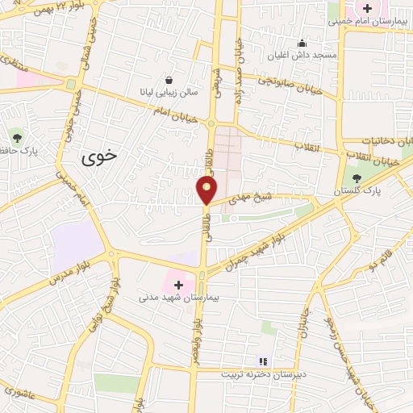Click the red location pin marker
tap(207, 190)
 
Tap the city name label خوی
tap(99, 158)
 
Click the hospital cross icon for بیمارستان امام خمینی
tap(368, 9)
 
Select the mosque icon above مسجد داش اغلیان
tap(302, 43)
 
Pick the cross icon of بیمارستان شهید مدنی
tap(178, 284)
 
